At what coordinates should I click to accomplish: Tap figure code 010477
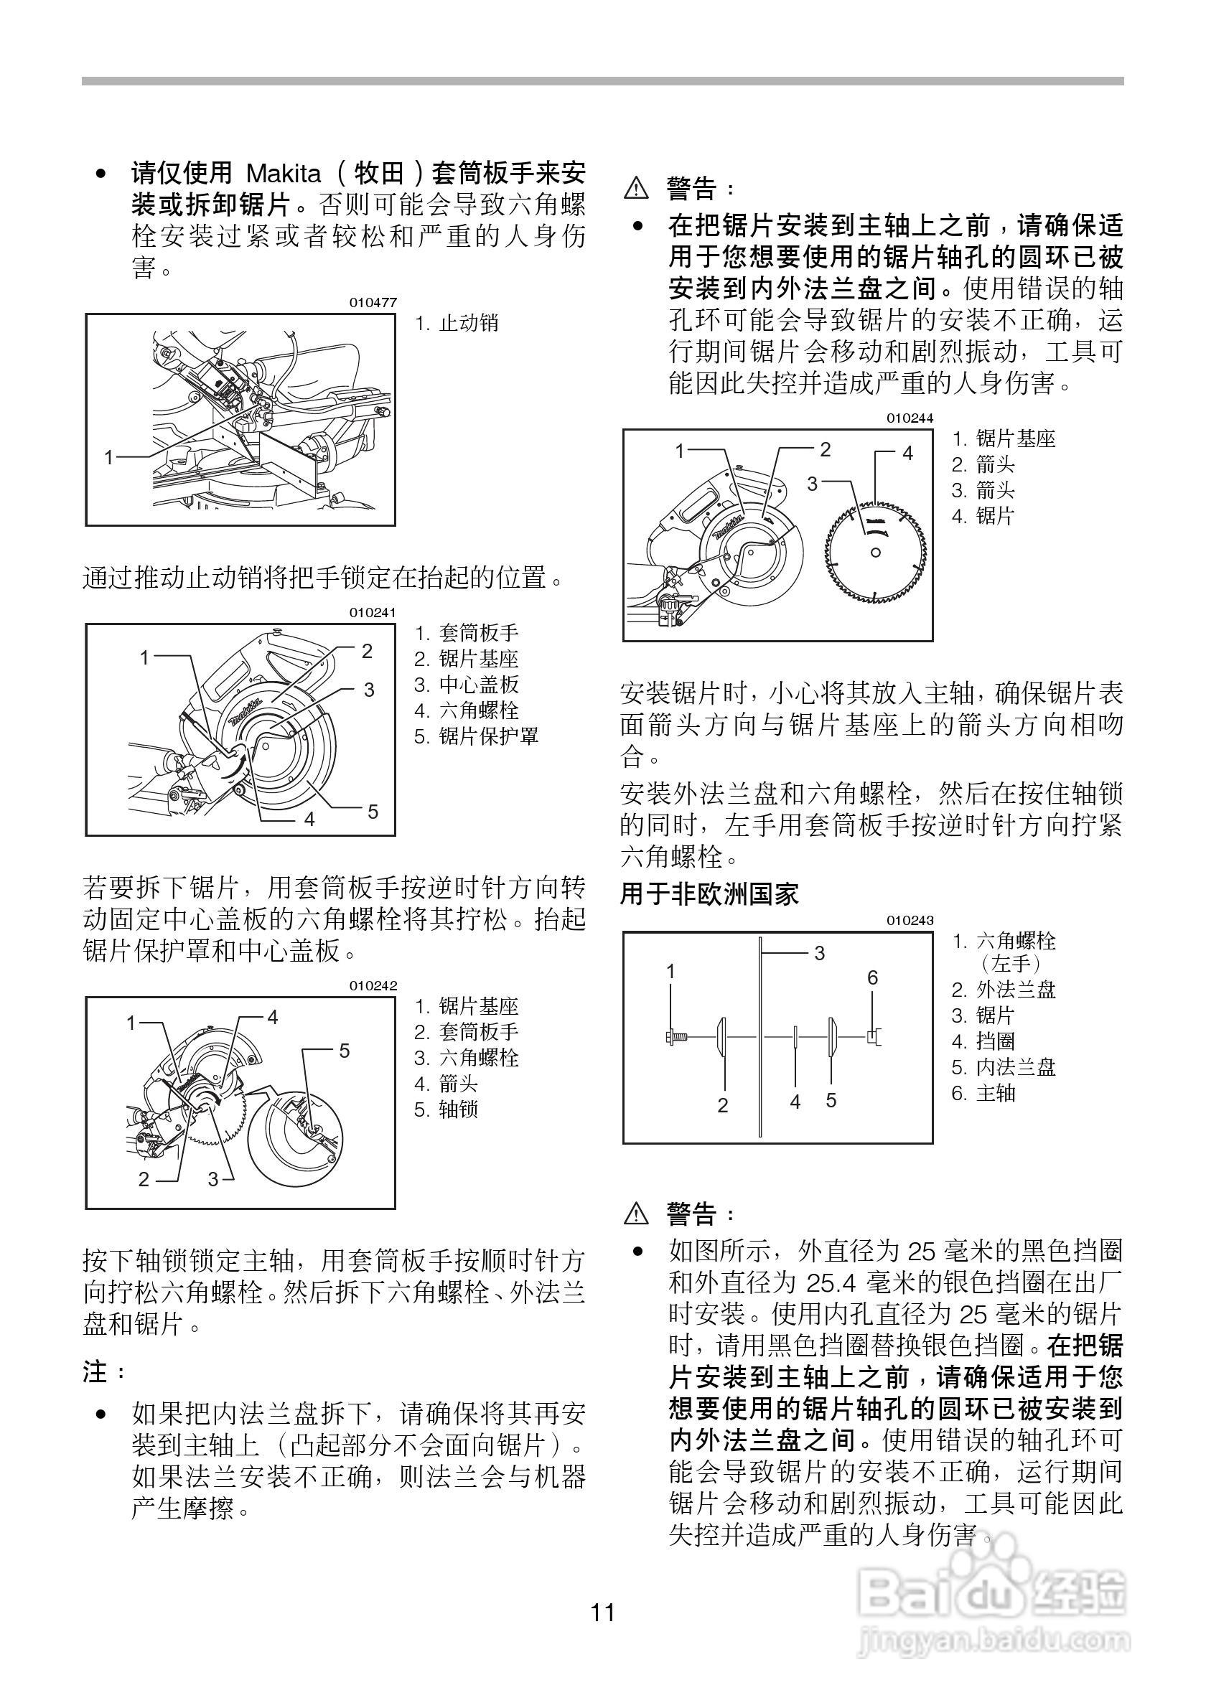point(373,303)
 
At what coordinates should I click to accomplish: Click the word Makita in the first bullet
point(284,174)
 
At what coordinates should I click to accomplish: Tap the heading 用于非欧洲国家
point(709,894)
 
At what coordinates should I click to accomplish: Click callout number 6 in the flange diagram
point(873,977)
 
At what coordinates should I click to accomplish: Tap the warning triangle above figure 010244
point(636,189)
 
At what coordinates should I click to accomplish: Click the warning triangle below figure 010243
point(636,1215)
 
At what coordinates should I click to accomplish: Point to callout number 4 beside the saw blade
point(907,453)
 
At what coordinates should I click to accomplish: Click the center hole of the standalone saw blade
point(876,552)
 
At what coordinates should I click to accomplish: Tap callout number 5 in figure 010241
point(373,812)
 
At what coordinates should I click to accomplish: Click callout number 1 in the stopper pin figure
point(109,456)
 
